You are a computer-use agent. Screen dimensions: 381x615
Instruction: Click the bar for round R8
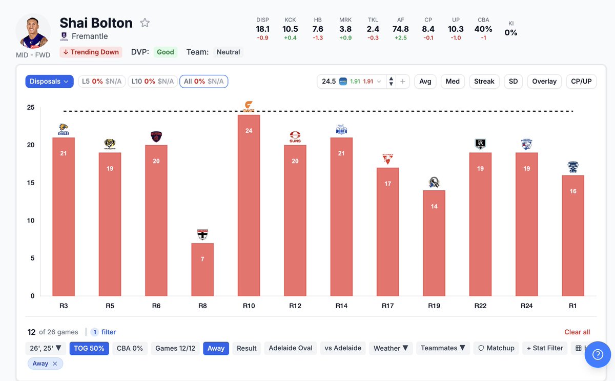(202, 269)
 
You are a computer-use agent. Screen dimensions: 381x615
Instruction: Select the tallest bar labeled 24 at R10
(249, 205)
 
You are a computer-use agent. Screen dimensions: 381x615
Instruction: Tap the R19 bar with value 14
(434, 243)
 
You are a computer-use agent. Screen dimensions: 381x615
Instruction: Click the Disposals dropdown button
(50, 82)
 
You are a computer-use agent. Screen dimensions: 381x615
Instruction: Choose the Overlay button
(544, 82)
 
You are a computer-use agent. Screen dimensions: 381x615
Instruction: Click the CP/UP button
(581, 82)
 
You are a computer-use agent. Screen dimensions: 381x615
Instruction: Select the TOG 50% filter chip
(90, 348)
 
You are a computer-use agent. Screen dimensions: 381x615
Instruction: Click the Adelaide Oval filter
(291, 348)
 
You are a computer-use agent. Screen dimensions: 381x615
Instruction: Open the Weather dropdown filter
(391, 348)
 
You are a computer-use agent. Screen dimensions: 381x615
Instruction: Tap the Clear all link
(577, 332)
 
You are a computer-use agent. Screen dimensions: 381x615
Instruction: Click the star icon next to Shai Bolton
(145, 23)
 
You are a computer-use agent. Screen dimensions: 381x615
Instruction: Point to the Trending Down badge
(90, 52)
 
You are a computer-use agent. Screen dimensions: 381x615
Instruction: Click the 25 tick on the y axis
(31, 108)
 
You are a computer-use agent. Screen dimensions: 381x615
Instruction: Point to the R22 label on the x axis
(480, 306)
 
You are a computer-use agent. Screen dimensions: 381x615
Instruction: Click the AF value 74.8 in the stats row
(401, 29)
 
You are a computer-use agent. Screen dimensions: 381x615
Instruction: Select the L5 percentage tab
(101, 82)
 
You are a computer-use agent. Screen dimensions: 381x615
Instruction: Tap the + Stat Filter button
(545, 348)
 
